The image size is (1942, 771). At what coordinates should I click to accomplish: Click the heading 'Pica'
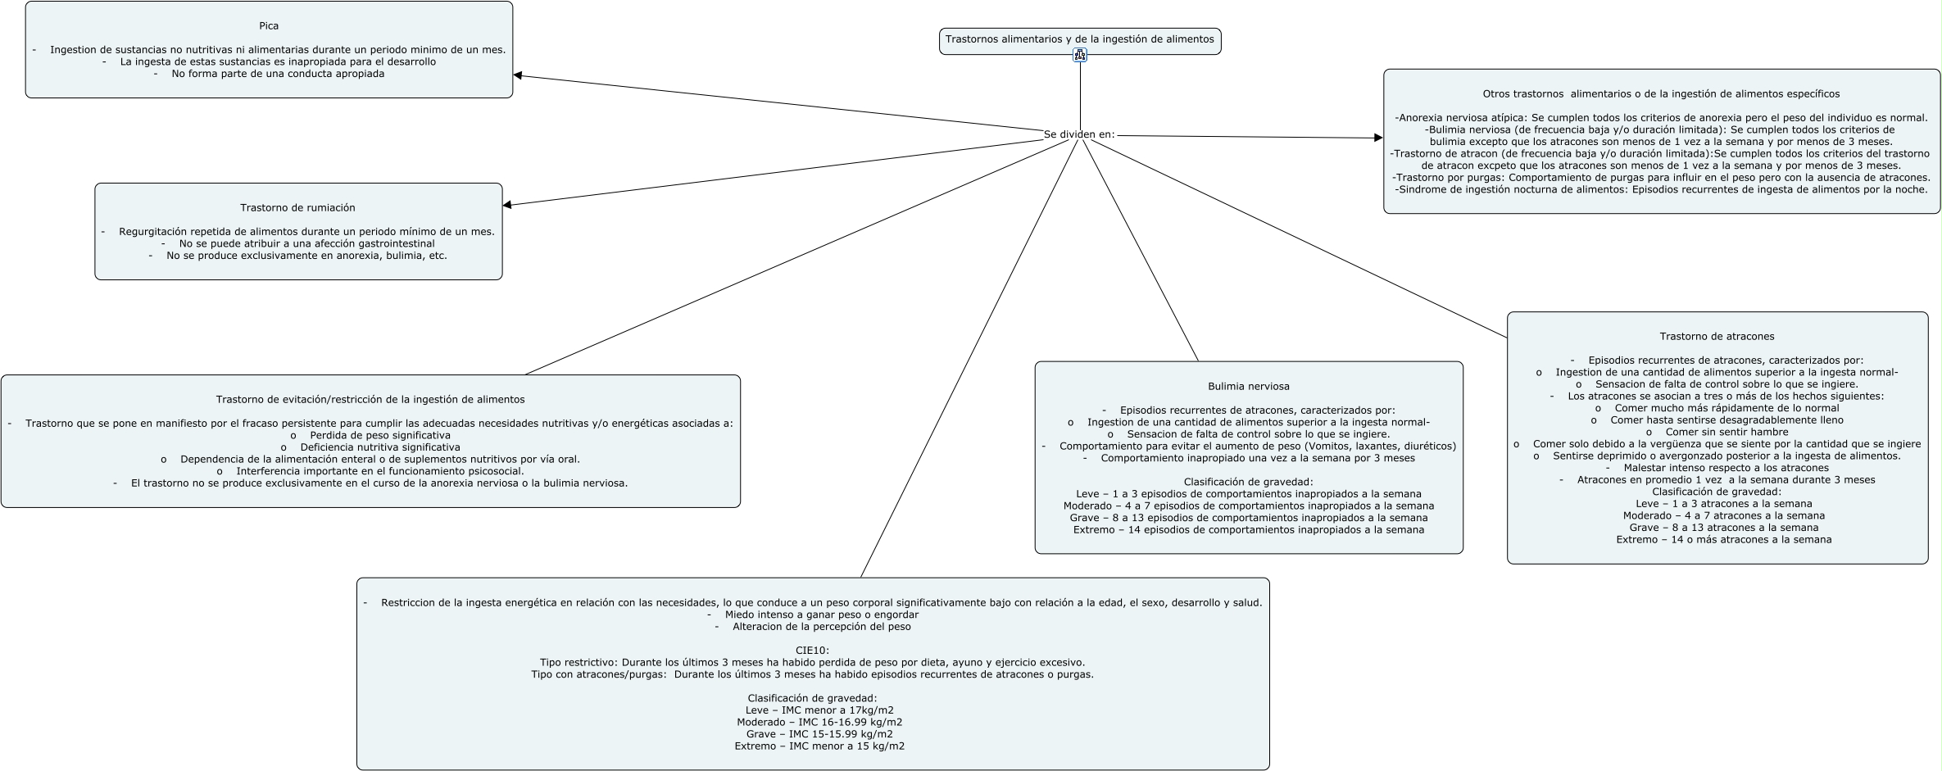(x=269, y=26)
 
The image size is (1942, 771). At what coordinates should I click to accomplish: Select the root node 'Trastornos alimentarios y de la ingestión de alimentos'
(x=1079, y=39)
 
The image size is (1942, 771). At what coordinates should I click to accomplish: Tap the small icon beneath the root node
(x=1080, y=56)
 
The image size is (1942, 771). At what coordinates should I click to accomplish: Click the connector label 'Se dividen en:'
(x=1079, y=134)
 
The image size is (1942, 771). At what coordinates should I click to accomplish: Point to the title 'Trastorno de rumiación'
(x=297, y=208)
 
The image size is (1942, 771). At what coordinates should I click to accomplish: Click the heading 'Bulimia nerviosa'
(x=1248, y=387)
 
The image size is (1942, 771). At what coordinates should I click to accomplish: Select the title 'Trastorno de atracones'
(x=1717, y=337)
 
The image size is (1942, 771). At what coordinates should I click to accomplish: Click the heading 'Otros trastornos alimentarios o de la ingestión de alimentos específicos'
(x=1661, y=94)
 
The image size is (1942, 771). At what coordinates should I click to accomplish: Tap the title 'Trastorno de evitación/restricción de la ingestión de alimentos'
(x=370, y=400)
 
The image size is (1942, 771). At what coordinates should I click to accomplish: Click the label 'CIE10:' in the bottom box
(x=812, y=651)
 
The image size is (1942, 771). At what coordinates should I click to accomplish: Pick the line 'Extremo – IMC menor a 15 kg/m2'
(x=819, y=746)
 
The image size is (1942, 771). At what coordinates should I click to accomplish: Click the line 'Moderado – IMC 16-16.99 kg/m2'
(x=819, y=723)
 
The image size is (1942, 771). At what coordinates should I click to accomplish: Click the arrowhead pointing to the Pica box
(x=518, y=75)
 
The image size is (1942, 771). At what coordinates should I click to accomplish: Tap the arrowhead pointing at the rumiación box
(x=507, y=205)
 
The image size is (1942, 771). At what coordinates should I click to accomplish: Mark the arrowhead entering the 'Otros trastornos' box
(x=1378, y=138)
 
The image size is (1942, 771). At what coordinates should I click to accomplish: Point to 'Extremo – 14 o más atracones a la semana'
(x=1723, y=540)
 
